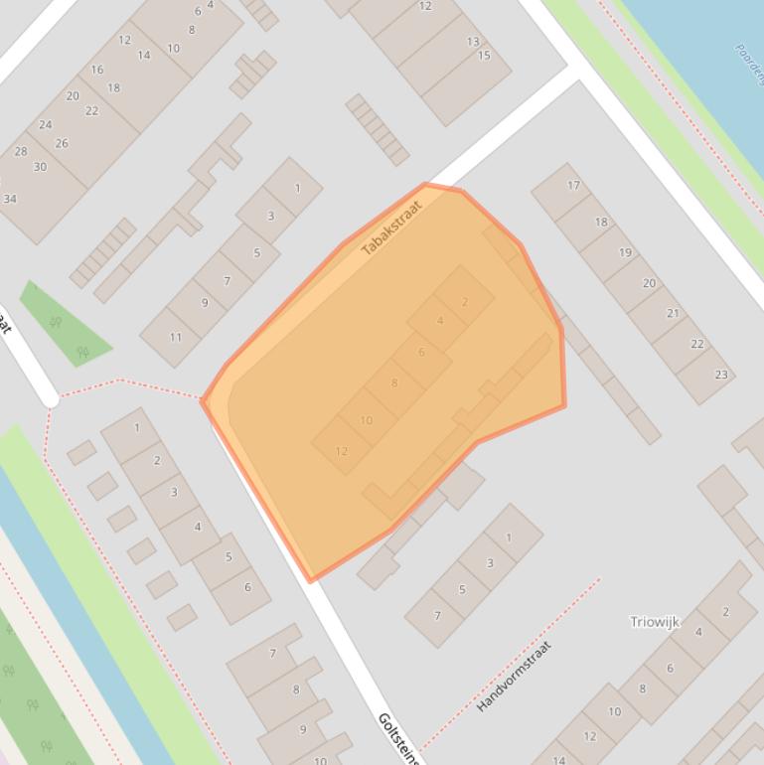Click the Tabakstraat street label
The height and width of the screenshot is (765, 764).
click(391, 228)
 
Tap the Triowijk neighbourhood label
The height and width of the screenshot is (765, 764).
click(655, 622)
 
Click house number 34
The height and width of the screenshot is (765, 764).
click(10, 199)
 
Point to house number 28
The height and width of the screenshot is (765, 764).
click(21, 152)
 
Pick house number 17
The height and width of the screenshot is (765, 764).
click(573, 185)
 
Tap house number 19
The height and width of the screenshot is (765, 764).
click(625, 252)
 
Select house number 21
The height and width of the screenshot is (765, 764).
click(673, 313)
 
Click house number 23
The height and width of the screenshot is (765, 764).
click(720, 375)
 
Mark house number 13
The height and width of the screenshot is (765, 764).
click(473, 42)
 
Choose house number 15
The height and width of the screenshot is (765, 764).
click(484, 56)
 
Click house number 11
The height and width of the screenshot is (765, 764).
click(175, 337)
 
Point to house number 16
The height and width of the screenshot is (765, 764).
click(96, 70)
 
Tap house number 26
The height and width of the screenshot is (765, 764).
click(62, 143)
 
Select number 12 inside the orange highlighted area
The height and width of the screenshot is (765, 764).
click(341, 451)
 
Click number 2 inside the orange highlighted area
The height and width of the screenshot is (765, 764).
click(464, 302)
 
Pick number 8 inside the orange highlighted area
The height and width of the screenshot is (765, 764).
click(393, 382)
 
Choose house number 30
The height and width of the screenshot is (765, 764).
click(40, 167)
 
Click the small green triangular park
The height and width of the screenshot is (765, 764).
click(65, 323)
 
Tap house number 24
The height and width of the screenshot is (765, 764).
click(45, 125)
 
